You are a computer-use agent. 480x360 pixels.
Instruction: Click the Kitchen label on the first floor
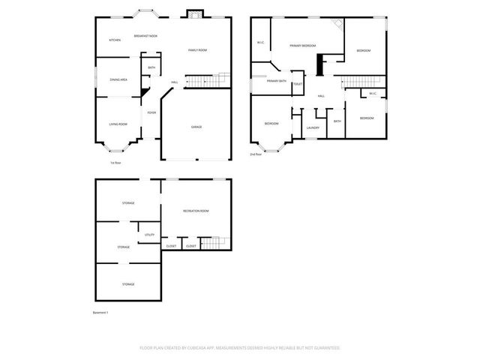(115, 40)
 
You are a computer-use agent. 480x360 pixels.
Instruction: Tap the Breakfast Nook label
(145, 36)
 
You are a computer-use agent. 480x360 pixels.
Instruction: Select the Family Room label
(197, 49)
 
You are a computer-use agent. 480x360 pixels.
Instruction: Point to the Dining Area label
(118, 79)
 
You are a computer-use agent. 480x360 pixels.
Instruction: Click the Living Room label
(118, 124)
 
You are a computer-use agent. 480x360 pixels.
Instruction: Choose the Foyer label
(151, 113)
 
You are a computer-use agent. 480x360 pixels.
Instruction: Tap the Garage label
(196, 127)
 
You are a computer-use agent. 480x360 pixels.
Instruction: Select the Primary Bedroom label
(302, 46)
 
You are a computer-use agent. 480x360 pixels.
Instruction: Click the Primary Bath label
(276, 80)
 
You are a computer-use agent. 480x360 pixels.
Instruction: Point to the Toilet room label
(298, 84)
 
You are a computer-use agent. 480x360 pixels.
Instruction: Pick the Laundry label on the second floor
(313, 127)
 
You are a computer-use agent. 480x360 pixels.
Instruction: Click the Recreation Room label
(196, 211)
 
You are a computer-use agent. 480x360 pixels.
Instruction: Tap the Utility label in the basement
(149, 235)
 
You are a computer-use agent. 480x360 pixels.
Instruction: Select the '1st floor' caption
(115, 162)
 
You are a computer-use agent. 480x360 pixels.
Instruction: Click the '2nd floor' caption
(256, 154)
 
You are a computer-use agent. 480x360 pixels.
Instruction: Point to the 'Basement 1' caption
(100, 312)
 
